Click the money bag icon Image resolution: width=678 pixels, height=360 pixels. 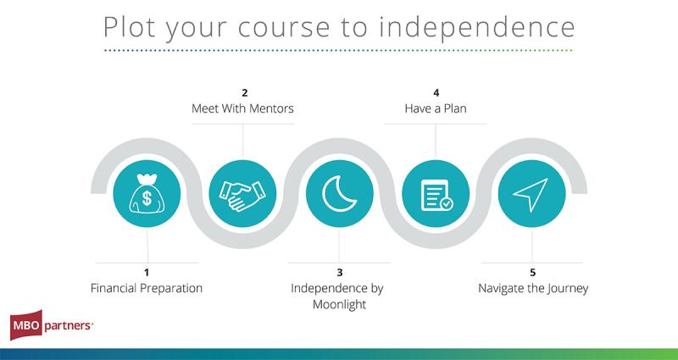click(x=147, y=193)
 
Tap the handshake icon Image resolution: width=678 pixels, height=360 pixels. click(x=242, y=196)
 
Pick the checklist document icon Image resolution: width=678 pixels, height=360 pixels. click(x=436, y=195)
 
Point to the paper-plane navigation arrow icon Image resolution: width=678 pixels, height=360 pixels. click(x=531, y=194)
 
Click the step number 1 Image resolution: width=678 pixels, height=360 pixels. click(x=147, y=272)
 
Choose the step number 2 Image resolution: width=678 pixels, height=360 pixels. click(x=245, y=92)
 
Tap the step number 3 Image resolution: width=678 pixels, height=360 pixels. click(x=340, y=272)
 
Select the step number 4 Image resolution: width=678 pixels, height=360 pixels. click(x=436, y=92)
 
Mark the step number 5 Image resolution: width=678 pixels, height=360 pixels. click(x=533, y=272)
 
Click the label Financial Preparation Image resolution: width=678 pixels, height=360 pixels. click(x=147, y=288)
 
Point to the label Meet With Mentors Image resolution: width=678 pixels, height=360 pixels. click(x=242, y=108)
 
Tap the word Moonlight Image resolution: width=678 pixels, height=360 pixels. click(x=340, y=305)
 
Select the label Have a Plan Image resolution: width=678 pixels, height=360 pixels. click(x=436, y=108)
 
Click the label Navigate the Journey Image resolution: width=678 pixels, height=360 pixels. click(x=533, y=288)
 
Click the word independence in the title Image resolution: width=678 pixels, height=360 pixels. click(x=477, y=27)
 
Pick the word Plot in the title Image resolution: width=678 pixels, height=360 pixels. click(x=130, y=27)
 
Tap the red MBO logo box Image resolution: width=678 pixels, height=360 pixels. click(x=26, y=325)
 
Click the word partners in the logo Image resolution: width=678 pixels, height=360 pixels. click(x=68, y=325)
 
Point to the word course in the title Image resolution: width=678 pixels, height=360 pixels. click(x=284, y=30)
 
